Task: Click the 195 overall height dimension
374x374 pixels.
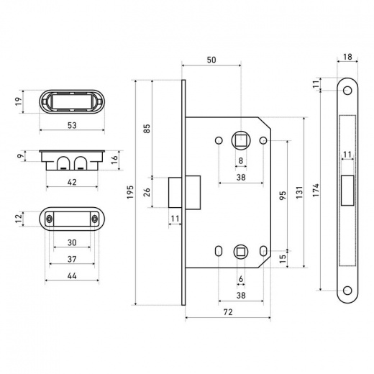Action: pos(130,192)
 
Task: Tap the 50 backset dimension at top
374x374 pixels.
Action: pos(211,60)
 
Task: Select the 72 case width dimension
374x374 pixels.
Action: pos(228,312)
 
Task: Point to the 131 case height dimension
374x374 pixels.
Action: pos(299,192)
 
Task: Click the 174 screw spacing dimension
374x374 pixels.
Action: pos(316,191)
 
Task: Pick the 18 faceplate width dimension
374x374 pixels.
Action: pos(347,57)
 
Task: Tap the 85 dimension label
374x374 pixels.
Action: pos(147,128)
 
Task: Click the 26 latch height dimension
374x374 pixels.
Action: pos(147,192)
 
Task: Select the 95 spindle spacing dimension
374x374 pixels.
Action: pos(283,196)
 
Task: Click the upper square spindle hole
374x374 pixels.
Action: pos(241,140)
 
